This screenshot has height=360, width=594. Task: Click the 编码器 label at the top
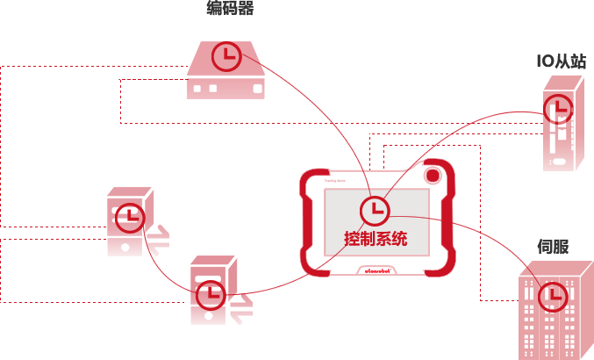(230, 10)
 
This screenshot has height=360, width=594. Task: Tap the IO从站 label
(562, 61)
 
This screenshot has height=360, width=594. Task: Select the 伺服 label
(553, 247)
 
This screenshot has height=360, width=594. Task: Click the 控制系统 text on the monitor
(376, 238)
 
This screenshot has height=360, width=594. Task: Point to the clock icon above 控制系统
(375, 210)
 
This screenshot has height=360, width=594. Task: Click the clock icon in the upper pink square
(131, 217)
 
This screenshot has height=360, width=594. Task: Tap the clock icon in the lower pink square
(210, 296)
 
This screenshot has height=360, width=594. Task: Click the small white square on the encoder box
(258, 89)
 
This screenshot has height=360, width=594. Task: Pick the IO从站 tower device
(562, 123)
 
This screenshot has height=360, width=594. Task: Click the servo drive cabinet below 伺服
(555, 312)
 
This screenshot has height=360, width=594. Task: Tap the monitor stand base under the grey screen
(376, 271)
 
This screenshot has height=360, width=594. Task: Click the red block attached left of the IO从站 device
(496, 120)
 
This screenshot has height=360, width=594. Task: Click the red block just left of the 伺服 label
(496, 244)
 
